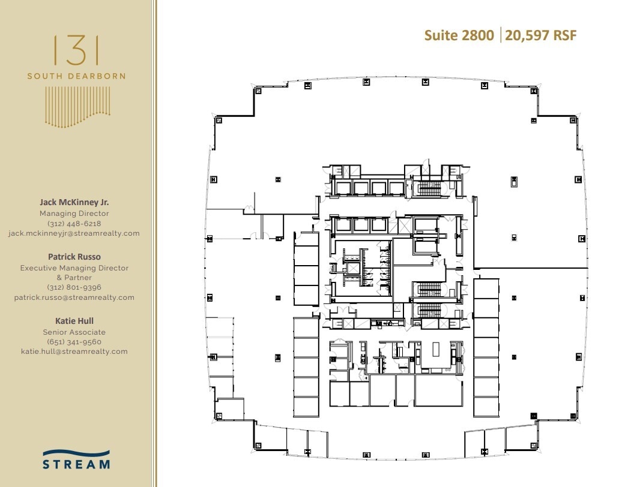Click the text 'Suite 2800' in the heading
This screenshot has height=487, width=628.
click(x=459, y=35)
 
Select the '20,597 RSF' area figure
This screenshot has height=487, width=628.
click(x=541, y=35)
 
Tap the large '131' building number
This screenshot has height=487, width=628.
click(x=76, y=50)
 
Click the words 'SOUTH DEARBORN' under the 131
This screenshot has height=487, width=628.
click(x=76, y=76)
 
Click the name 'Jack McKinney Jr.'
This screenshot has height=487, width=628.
click(x=74, y=203)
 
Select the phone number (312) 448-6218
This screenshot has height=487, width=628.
click(x=74, y=223)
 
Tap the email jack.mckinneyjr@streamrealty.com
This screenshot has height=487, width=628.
click(x=74, y=233)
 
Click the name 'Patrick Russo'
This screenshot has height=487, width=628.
click(x=74, y=257)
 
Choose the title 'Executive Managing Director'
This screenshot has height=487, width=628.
click(x=74, y=268)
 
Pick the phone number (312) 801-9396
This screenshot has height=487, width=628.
click(x=74, y=287)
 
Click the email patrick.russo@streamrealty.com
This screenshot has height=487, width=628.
click(x=74, y=297)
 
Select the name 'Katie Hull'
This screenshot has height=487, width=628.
click(x=74, y=321)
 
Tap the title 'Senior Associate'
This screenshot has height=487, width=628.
click(x=74, y=332)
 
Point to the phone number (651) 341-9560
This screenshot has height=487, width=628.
click(x=74, y=342)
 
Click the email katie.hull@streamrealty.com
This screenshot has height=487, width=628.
click(x=74, y=351)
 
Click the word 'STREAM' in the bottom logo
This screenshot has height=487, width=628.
click(x=76, y=464)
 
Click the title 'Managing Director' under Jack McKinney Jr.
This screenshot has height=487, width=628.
click(x=74, y=214)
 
